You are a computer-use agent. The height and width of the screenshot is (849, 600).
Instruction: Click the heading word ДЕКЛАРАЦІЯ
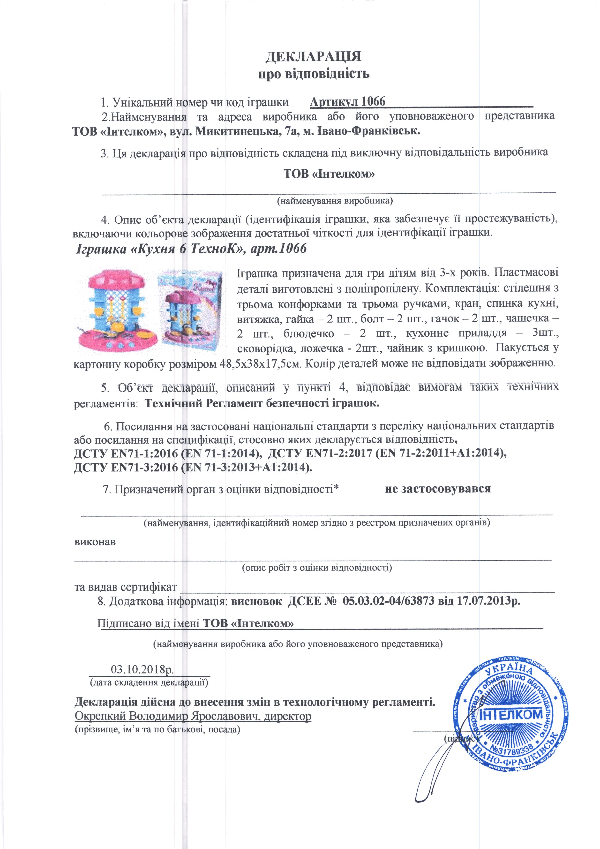(314, 56)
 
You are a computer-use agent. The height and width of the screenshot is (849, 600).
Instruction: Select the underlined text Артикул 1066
(347, 101)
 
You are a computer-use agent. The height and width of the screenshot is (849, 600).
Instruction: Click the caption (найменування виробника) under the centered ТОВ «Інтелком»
(335, 201)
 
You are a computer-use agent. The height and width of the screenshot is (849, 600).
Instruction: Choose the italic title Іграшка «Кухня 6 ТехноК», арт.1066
(191, 249)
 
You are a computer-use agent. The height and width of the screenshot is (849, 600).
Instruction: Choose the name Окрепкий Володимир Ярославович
(166, 716)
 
